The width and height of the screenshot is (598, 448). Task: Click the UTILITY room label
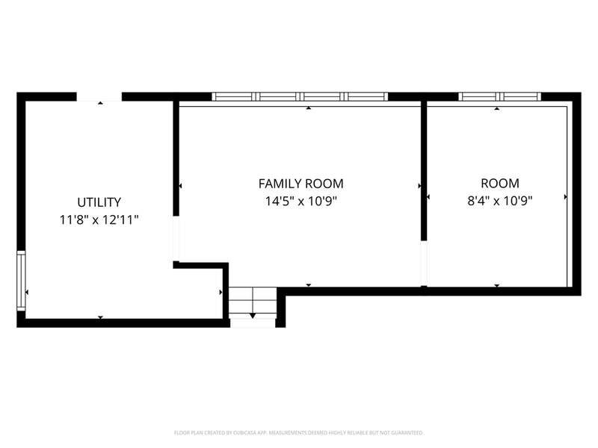pos(99,202)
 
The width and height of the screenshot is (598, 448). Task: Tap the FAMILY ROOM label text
pos(301,184)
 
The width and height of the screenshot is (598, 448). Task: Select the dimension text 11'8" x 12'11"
pos(99,220)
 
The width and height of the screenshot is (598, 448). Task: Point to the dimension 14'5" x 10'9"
pos(301,201)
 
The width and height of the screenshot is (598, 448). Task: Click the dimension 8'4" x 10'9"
pos(499,200)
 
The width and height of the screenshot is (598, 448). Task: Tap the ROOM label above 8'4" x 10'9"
pos(499,183)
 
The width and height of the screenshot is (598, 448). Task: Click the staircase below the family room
pos(253,303)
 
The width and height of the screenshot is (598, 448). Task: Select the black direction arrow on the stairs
pos(253,315)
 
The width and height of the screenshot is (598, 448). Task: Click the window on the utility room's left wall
pos(21,281)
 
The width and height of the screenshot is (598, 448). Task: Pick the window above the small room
pos(499,96)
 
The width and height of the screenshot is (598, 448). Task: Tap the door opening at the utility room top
pos(99,97)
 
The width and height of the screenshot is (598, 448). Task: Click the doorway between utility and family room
pos(176,239)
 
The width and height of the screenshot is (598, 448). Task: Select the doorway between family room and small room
pos(424,264)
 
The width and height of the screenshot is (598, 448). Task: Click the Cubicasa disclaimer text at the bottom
pos(298,433)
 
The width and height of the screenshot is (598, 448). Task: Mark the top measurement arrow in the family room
pos(309,108)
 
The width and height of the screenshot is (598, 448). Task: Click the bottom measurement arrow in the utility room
pos(100,317)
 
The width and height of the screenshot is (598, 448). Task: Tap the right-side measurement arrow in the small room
pos(566,197)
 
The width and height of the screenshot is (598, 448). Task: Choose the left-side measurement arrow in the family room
pos(180,186)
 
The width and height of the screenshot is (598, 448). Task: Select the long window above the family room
pos(300,96)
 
